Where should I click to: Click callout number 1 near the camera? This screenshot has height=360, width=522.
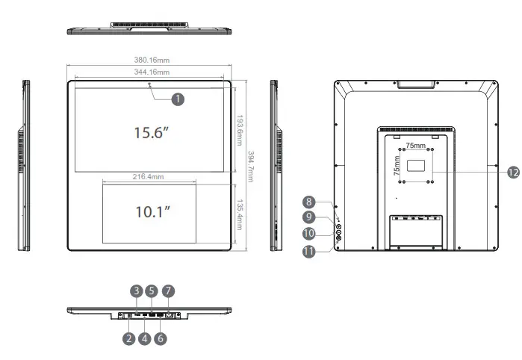pos(177,98)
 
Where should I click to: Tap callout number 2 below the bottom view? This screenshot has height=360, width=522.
pos(128,338)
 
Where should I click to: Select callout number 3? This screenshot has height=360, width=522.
pos(137,290)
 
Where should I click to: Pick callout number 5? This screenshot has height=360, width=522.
pos(153,290)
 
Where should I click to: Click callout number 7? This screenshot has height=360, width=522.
pos(169,290)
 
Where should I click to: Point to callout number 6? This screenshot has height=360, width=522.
pos(161,338)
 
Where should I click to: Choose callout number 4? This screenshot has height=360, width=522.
pos(145,338)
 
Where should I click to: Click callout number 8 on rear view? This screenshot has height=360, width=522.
pos(309,202)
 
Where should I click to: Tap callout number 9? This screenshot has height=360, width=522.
pos(309,217)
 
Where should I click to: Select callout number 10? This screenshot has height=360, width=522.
pos(309,234)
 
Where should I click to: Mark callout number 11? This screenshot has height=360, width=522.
pos(309,251)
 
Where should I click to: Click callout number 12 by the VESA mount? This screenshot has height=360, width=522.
pos(512,172)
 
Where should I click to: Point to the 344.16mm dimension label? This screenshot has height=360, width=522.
pos(150,72)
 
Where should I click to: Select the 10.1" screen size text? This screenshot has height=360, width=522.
pos(154,212)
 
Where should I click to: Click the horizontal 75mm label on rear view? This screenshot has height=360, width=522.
pos(416,146)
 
